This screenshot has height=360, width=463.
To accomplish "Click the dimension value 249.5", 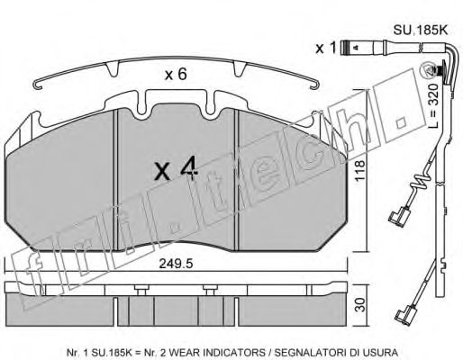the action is pyautogui.click(x=176, y=264).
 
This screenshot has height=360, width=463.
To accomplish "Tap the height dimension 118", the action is pyautogui.click(x=359, y=170).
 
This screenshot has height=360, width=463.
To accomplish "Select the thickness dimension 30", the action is pyautogui.click(x=359, y=305).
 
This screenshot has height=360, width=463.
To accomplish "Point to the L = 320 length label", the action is pyautogui.click(x=433, y=106).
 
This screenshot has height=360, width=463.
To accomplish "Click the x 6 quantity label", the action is pyautogui.click(x=176, y=74).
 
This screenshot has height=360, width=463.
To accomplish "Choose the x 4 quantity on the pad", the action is pyautogui.click(x=177, y=169).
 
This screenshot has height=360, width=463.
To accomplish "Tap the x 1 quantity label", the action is pyautogui.click(x=325, y=48).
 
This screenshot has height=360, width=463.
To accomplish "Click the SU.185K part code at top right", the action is pyautogui.click(x=421, y=31).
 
